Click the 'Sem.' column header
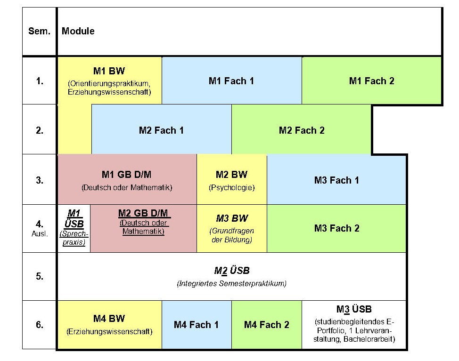coord(39,32)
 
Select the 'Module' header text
coord(78,32)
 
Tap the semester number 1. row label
coord(40,81)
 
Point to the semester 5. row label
coord(40,276)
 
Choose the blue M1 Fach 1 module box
coord(231,81)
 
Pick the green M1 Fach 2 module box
coord(371,81)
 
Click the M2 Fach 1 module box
coord(161,130)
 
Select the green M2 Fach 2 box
coord(302,130)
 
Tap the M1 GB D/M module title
coord(127,175)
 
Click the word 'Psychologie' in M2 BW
coord(231,188)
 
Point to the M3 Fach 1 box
coord(336,180)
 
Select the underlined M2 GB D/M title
coord(144,213)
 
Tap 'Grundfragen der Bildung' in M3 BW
coord(232,235)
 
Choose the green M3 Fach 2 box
coord(336,229)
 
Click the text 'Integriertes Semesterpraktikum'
coord(231,284)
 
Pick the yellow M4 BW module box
coord(109,325)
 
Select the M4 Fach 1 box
coord(196,325)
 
